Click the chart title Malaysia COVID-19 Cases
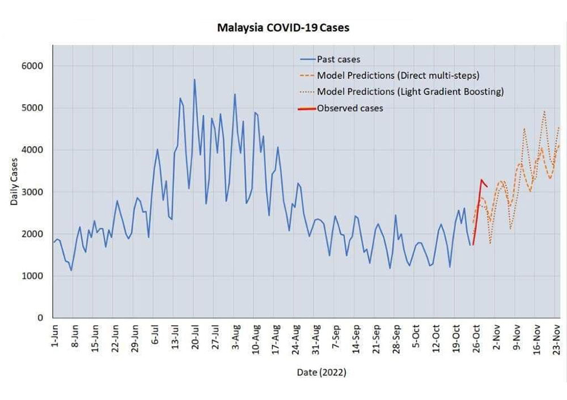pos(283,28)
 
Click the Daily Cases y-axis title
pos(14,182)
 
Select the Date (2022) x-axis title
pos(321,372)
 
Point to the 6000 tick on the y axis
pos(32,66)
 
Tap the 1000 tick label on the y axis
pos(32,276)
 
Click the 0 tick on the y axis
pos(40,318)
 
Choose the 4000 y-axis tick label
pos(32,150)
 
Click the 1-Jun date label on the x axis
pos(54,336)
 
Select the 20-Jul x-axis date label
pos(196,337)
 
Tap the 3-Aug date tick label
pos(236,337)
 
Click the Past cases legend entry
pos(330,59)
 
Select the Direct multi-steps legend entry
pos(390,75)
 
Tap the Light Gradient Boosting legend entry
pos(401,92)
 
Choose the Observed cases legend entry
pos(341,108)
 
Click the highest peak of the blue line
pos(194,79)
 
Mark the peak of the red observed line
pos(481,180)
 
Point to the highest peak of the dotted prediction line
pos(544,111)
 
